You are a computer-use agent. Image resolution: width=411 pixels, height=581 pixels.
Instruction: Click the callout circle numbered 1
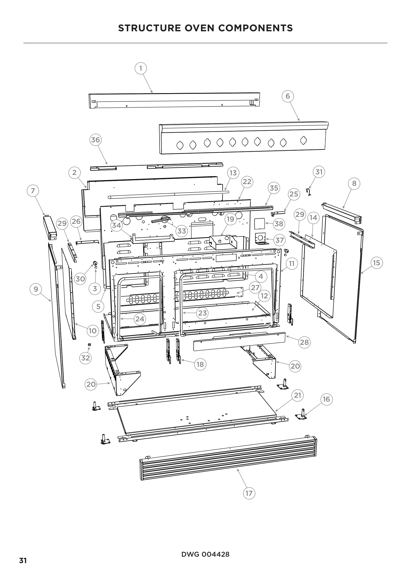click(x=141, y=68)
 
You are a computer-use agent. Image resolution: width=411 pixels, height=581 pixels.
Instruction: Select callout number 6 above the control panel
click(x=288, y=96)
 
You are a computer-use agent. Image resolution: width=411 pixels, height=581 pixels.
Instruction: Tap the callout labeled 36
click(x=95, y=140)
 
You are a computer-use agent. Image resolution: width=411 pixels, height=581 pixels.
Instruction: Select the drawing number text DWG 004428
click(x=205, y=554)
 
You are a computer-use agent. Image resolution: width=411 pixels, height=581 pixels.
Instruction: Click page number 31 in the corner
click(x=23, y=561)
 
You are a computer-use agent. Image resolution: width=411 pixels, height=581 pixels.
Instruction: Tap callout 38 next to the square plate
click(x=279, y=224)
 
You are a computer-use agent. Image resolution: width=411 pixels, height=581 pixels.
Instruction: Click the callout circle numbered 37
click(x=279, y=240)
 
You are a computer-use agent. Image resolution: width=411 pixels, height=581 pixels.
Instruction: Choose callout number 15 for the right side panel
click(x=376, y=263)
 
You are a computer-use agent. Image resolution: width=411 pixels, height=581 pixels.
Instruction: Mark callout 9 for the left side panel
click(x=36, y=289)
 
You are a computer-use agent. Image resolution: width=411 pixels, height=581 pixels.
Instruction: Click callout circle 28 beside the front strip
click(x=304, y=342)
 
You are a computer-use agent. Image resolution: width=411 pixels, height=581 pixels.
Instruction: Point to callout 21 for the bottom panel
click(x=297, y=395)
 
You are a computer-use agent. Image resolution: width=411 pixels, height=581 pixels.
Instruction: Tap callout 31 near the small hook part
click(x=319, y=172)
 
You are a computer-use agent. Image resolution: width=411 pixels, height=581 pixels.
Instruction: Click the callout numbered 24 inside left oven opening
click(x=140, y=319)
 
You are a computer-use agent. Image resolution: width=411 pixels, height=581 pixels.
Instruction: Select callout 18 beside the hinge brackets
click(x=200, y=364)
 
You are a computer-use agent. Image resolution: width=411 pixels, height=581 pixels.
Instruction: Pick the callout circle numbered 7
click(x=33, y=191)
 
